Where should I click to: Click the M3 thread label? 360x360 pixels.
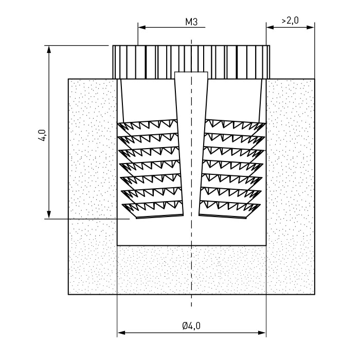click(x=191, y=22)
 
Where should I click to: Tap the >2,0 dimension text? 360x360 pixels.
click(x=290, y=21)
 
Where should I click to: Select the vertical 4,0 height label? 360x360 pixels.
click(x=42, y=135)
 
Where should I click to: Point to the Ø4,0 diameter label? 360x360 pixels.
click(x=191, y=326)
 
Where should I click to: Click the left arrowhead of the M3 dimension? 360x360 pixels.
click(x=142, y=28)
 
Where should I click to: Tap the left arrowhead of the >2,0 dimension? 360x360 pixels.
click(x=270, y=27)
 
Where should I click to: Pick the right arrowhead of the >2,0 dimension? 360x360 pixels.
click(x=311, y=27)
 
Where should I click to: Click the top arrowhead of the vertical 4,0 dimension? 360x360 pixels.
click(x=49, y=49)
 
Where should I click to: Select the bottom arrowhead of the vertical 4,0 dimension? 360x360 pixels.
click(x=49, y=214)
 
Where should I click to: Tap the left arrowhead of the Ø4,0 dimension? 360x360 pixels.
click(x=121, y=333)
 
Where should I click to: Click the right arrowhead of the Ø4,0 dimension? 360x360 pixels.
click(x=262, y=333)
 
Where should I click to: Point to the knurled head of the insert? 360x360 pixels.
click(x=191, y=62)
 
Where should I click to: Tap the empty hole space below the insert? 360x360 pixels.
click(x=191, y=231)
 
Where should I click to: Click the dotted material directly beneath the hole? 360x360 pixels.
click(x=191, y=270)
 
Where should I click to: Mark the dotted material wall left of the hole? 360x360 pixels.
click(x=93, y=186)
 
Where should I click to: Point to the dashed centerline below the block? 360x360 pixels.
click(x=191, y=300)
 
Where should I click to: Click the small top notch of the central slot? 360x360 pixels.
click(x=191, y=75)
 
